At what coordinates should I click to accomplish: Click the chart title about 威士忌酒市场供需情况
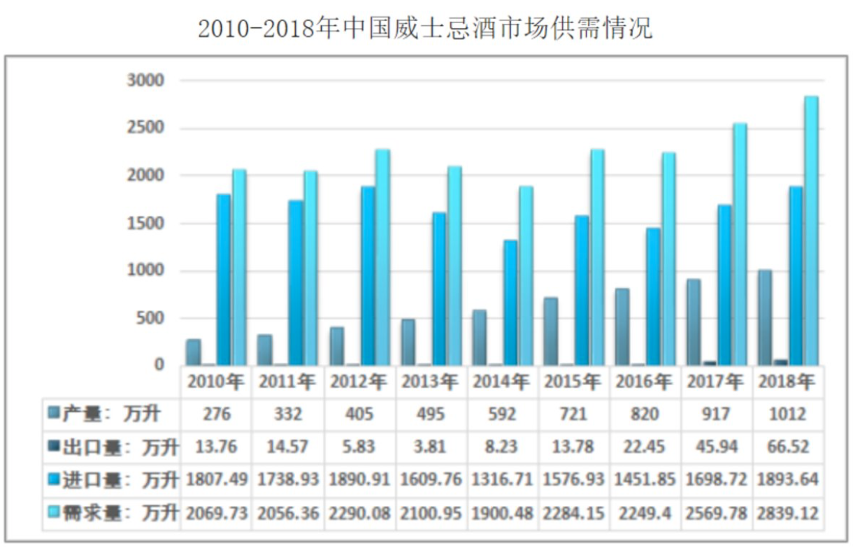click(425, 29)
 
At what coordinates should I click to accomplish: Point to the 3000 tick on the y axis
click(145, 81)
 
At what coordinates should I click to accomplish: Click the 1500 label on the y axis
click(145, 224)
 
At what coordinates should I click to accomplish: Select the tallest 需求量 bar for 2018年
click(811, 231)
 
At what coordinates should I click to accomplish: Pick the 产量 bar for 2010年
click(194, 352)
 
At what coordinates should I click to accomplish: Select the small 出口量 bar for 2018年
click(780, 362)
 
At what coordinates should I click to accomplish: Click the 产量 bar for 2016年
click(622, 326)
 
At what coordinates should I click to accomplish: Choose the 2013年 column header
click(430, 382)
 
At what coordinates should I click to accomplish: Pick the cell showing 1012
click(788, 414)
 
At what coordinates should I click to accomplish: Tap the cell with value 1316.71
click(502, 480)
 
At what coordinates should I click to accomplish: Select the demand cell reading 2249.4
click(645, 513)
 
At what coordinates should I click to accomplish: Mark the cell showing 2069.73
click(217, 513)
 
